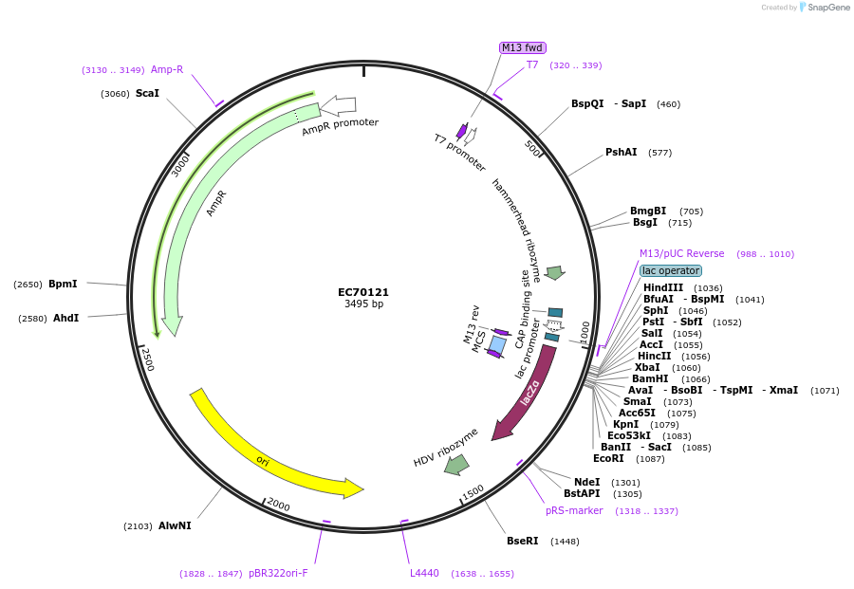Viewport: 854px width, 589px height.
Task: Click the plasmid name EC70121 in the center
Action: pyautogui.click(x=363, y=292)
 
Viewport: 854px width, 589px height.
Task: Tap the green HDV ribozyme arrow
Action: pyautogui.click(x=457, y=464)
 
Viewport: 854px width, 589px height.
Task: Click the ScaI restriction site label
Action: pyautogui.click(x=147, y=94)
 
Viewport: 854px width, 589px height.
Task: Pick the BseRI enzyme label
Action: pyautogui.click(x=522, y=542)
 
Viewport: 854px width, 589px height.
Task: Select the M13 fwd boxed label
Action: pyautogui.click(x=523, y=47)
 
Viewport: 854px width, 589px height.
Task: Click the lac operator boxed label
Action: pyautogui.click(x=671, y=270)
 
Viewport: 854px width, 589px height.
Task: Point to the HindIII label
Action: pyautogui.click(x=662, y=287)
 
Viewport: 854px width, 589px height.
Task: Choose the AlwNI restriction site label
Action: pyautogui.click(x=175, y=525)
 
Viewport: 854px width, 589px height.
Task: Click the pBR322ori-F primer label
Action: pyautogui.click(x=278, y=573)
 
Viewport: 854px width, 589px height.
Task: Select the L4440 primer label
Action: pyautogui.click(x=424, y=573)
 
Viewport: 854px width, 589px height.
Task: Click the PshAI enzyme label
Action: pyautogui.click(x=622, y=152)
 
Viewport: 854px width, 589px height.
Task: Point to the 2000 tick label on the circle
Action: pyautogui.click(x=278, y=504)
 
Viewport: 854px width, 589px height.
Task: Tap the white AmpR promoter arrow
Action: pyautogui.click(x=338, y=105)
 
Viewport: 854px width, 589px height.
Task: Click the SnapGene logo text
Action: pyautogui.click(x=826, y=8)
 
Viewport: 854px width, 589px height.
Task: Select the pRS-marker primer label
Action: pyautogui.click(x=574, y=510)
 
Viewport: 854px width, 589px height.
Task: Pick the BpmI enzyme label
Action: pyautogui.click(x=63, y=284)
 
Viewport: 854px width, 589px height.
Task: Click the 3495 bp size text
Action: pyautogui.click(x=363, y=304)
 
